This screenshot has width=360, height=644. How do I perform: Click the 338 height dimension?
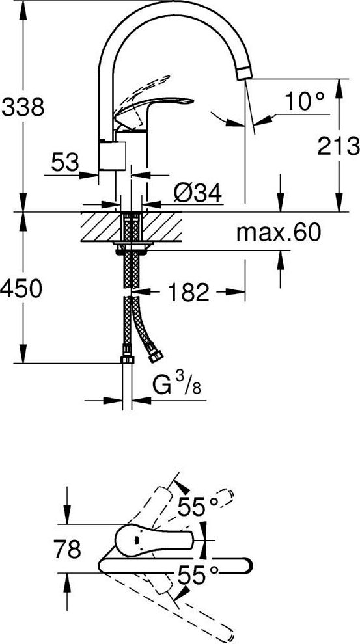coord(23,107)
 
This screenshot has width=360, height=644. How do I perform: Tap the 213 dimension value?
coord(339,146)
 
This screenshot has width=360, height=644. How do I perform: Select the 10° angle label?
coord(305,101)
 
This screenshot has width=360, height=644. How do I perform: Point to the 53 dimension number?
coord(65,162)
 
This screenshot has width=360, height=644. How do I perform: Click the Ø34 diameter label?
coord(197,192)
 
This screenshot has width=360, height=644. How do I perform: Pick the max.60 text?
coord(278,234)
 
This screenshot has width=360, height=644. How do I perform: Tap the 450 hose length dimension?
coord(21,288)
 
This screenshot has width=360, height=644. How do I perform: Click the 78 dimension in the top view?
coord(68,550)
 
